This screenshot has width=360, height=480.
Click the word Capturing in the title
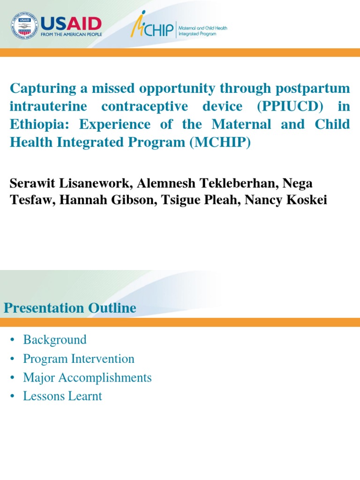tap(44, 88)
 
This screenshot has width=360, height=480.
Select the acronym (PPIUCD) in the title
tap(290, 106)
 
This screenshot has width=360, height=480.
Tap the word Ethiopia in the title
tap(35, 125)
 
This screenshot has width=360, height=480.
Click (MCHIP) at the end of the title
tap(220, 143)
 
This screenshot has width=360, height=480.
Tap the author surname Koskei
tap(308, 200)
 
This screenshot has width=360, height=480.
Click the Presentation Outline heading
tap(70, 308)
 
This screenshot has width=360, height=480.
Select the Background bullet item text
tap(55, 340)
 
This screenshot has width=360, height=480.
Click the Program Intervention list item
tap(79, 359)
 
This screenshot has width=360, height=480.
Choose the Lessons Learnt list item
tap(62, 396)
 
